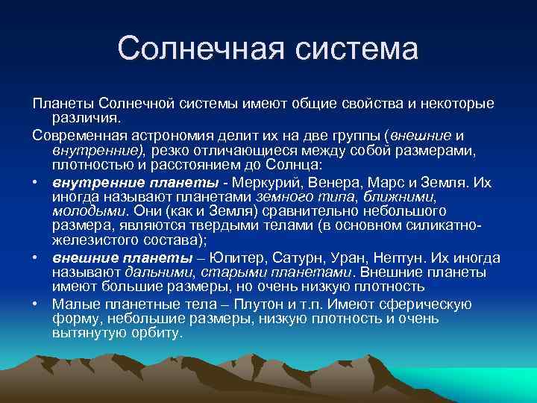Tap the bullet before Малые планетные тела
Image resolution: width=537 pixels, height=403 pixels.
click(37, 304)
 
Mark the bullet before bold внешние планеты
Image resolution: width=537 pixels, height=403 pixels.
click(37, 257)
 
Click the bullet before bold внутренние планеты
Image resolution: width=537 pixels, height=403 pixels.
click(37, 183)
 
